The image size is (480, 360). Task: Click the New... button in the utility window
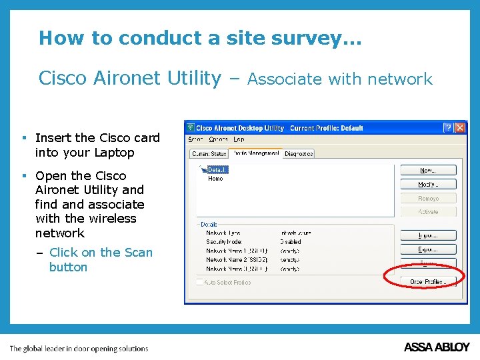427,171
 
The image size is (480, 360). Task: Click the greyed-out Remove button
427,198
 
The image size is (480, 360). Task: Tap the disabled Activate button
427,211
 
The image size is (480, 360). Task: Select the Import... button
427,235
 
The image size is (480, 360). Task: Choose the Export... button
427,249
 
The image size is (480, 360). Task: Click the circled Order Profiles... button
427,282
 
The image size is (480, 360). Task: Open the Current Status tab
209,154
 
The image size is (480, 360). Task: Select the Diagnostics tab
299,154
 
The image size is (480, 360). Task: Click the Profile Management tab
255,153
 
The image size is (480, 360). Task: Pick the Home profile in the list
215,179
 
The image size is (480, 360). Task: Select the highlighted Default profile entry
217,170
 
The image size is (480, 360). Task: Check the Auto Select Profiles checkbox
200,283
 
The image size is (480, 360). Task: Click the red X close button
460,127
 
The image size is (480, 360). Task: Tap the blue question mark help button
449,127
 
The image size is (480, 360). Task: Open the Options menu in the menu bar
218,139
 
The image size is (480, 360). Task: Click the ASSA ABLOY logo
437,347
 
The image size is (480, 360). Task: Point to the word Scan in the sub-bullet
139,253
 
